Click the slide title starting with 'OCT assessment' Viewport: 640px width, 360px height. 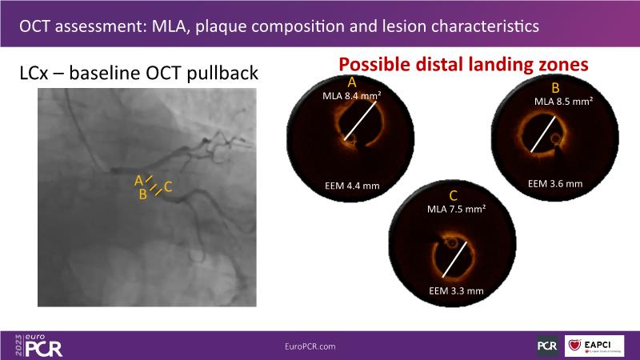pyautogui.click(x=279, y=25)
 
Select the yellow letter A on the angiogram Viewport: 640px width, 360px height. pyautogui.click(x=138, y=180)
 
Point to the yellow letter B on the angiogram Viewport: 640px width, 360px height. pyautogui.click(x=142, y=194)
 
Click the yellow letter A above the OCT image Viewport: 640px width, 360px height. pyautogui.click(x=351, y=82)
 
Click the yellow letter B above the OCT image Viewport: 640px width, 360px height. pyautogui.click(x=555, y=88)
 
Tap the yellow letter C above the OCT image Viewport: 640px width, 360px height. pyautogui.click(x=454, y=195)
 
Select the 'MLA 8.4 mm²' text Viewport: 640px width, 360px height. pyautogui.click(x=351, y=97)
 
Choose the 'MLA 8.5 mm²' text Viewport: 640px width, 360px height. pyautogui.click(x=562, y=102)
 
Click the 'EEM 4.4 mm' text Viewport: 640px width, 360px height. pyautogui.click(x=352, y=185)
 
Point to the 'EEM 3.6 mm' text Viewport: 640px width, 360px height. pyautogui.click(x=555, y=184)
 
